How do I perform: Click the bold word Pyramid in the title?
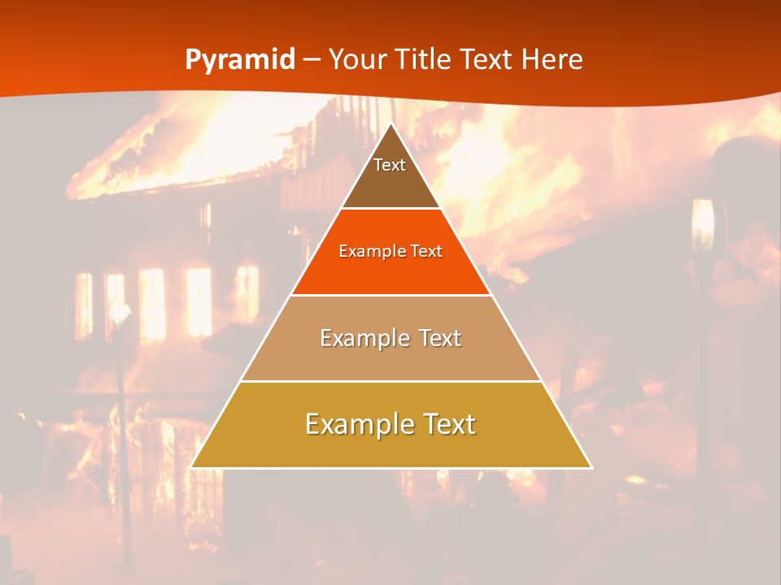(x=239, y=60)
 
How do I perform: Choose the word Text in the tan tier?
(x=440, y=338)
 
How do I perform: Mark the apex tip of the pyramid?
(x=390, y=124)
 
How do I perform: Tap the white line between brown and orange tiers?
(x=390, y=209)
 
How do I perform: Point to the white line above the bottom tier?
(x=390, y=381)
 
